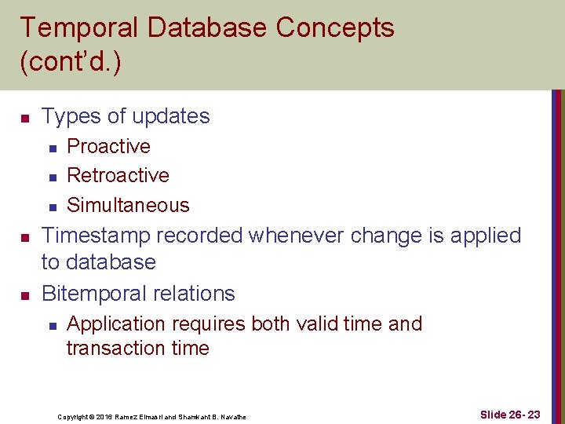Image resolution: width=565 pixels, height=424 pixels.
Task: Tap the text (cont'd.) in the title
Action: [x=71, y=63]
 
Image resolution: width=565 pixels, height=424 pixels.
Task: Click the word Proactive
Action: [x=108, y=147]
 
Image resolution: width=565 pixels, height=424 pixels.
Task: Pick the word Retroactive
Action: [x=118, y=175]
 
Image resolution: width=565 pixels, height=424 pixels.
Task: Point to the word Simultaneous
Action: [x=128, y=205]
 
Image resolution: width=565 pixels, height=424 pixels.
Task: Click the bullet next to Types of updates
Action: [x=24, y=119]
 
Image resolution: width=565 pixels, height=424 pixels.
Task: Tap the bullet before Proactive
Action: [x=51, y=148]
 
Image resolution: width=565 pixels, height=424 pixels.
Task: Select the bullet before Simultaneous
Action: [x=51, y=207]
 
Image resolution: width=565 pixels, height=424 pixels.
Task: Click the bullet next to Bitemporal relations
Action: [x=24, y=295]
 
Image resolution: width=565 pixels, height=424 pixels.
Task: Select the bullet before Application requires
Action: [x=51, y=325]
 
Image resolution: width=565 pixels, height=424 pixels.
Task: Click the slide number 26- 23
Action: [x=511, y=415]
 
